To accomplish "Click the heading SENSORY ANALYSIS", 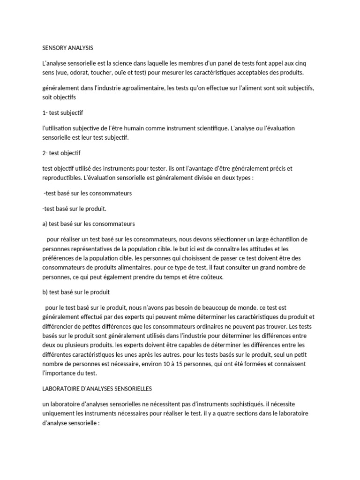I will tap(67, 48).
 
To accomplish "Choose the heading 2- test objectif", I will tap(61, 153).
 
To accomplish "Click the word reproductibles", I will tap(60, 178).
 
